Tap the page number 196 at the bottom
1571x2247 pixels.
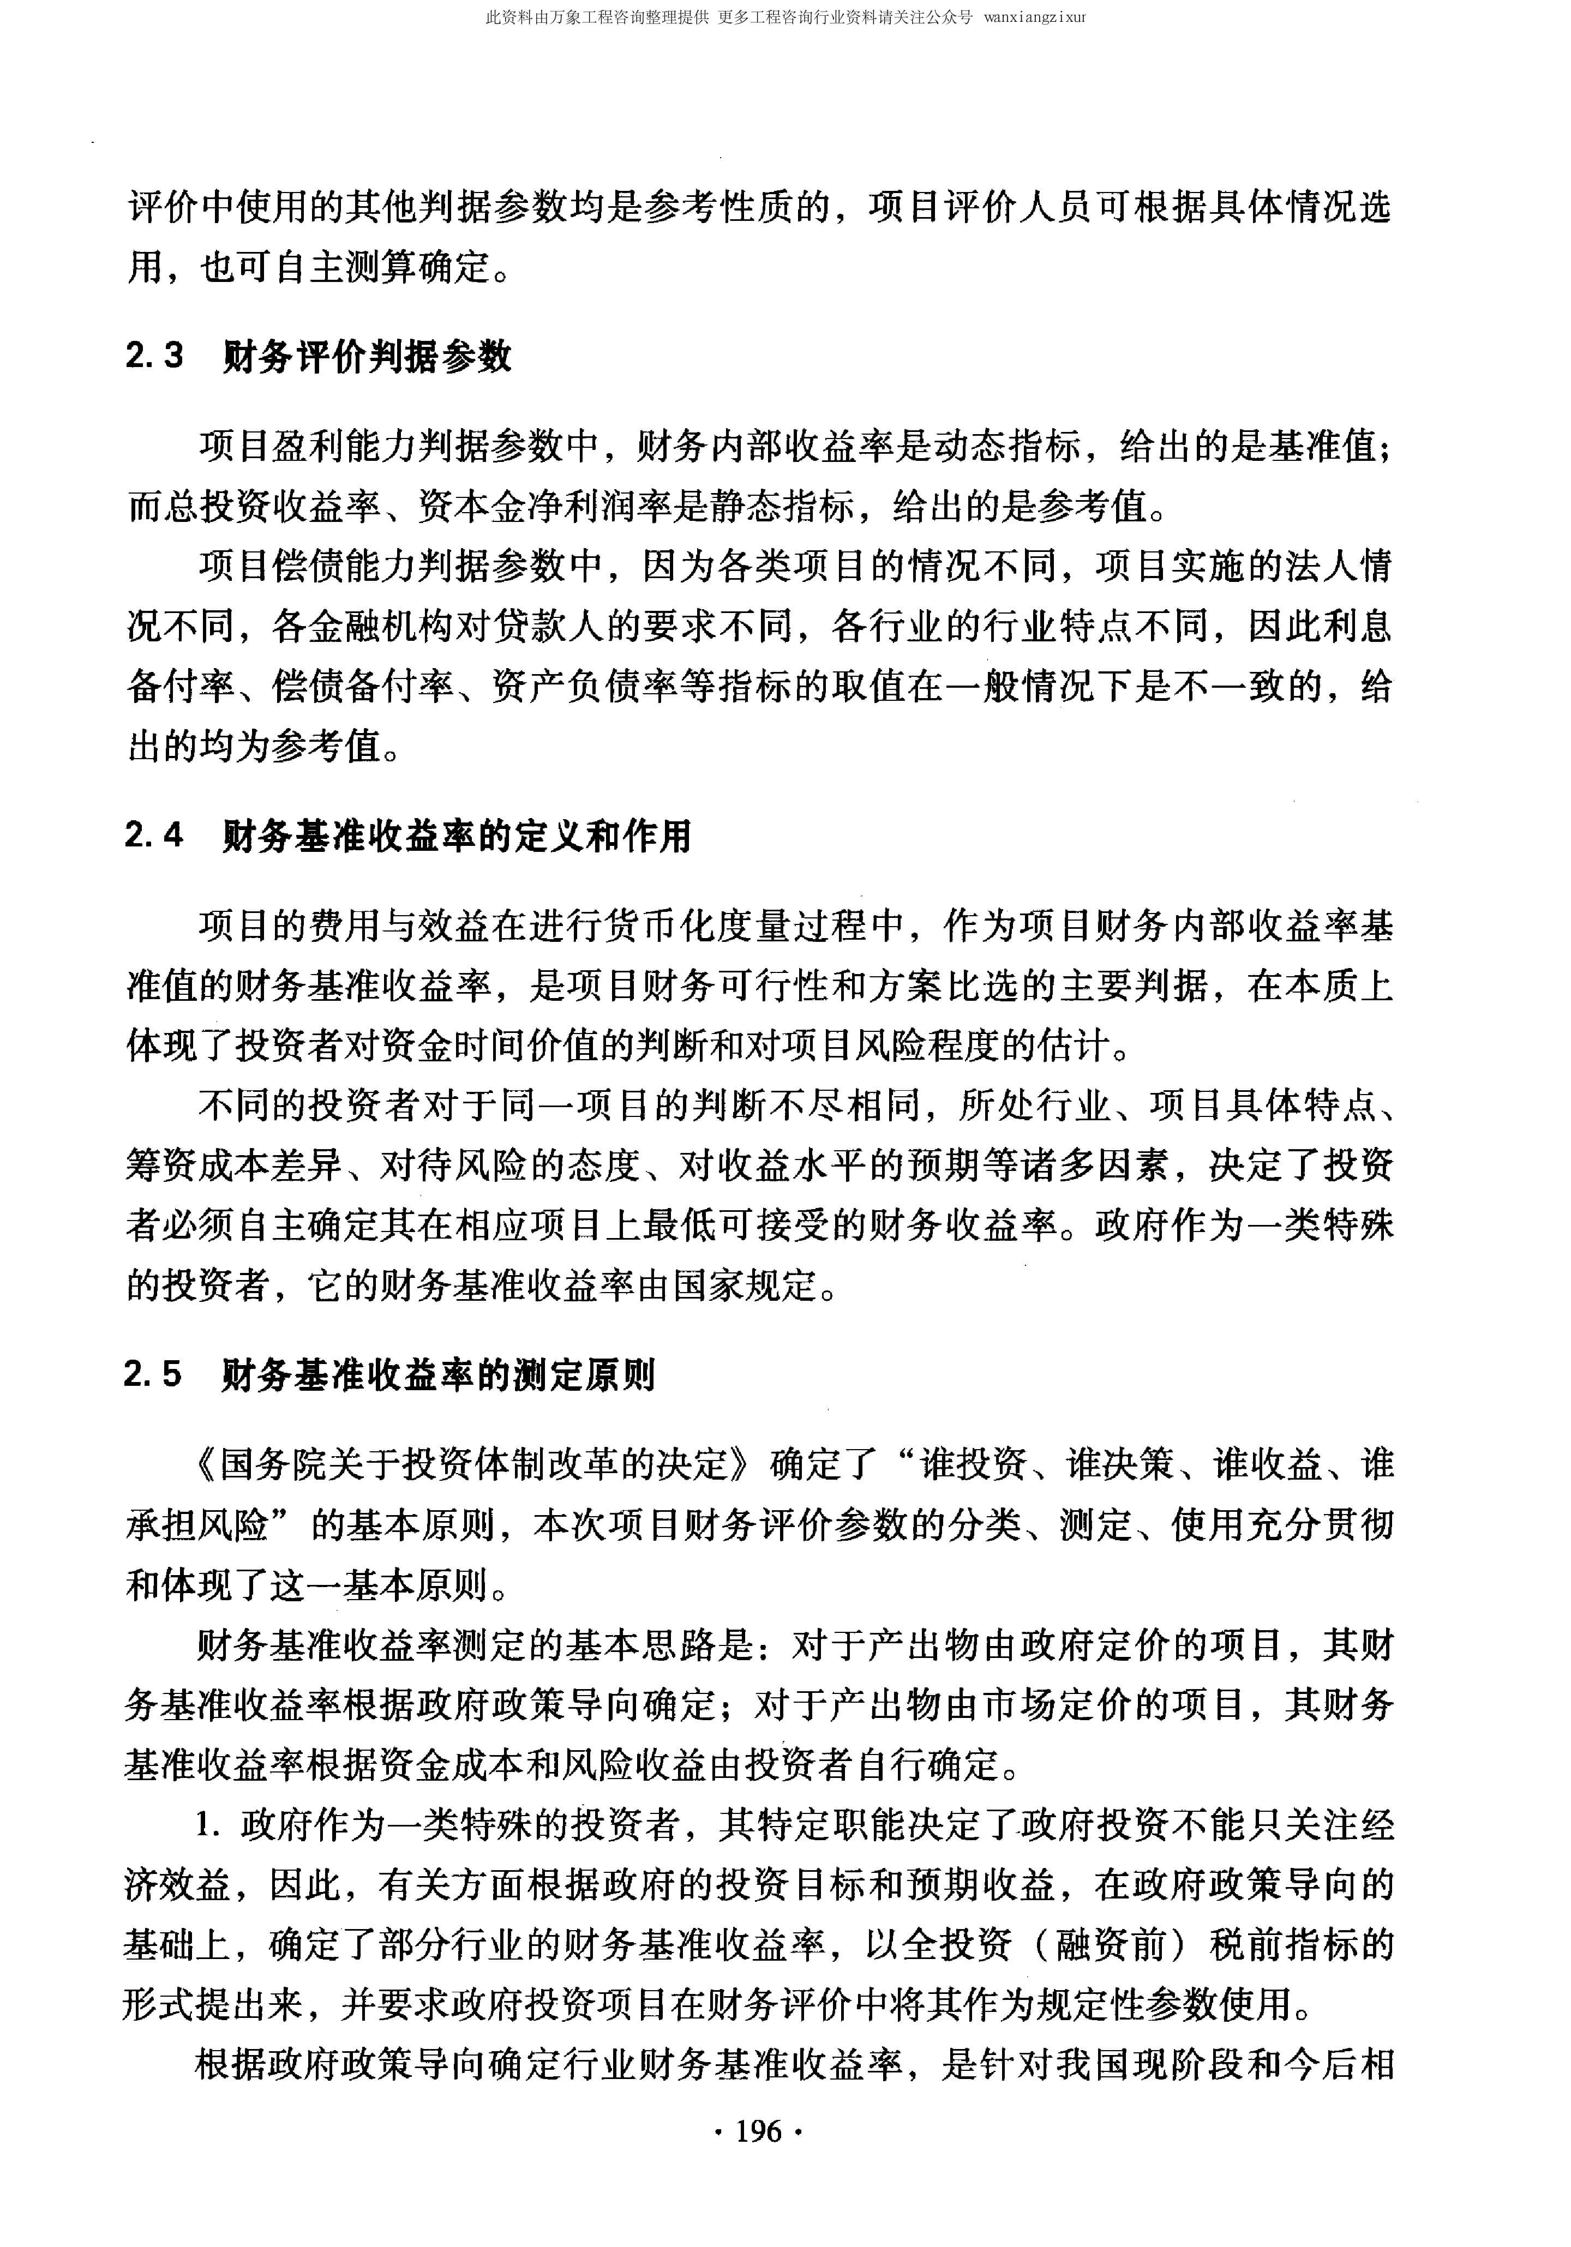759,2130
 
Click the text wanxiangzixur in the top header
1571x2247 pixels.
1035,17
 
